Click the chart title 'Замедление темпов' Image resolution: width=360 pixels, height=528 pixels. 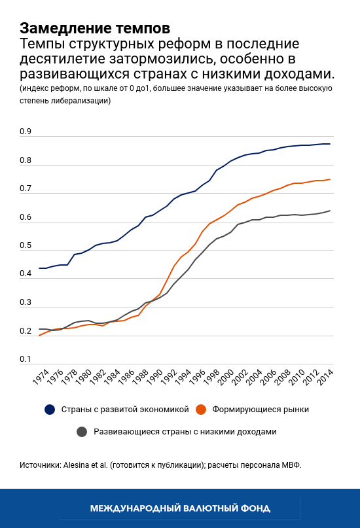[x=95, y=29]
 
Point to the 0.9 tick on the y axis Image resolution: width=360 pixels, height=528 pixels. [x=26, y=132]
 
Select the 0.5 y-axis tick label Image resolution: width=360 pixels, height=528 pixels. [x=26, y=246]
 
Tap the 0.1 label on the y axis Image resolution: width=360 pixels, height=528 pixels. [x=26, y=359]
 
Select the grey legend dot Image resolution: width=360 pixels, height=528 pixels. [x=82, y=432]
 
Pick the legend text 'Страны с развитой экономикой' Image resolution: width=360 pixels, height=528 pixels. [x=125, y=410]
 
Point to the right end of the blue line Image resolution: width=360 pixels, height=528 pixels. [x=330, y=144]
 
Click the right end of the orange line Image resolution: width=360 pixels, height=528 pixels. [x=330, y=179]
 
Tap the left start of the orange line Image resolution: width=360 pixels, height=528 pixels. [x=39, y=336]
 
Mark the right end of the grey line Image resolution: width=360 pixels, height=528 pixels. [x=330, y=211]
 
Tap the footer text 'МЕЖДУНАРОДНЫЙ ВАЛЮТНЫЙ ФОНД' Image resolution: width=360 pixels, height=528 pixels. [x=180, y=508]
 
